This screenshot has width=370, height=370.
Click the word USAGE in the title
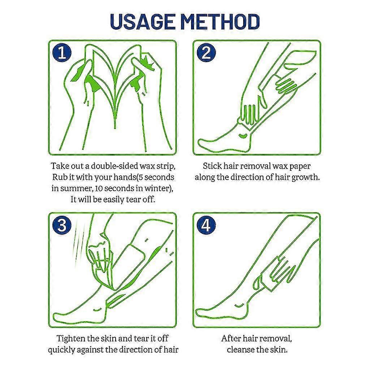[x=143, y=22]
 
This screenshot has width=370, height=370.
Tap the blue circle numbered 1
[x=62, y=53]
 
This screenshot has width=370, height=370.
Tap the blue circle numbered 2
[x=206, y=53]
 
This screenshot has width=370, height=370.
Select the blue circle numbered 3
[x=62, y=225]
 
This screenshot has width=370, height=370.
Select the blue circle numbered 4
[x=206, y=225]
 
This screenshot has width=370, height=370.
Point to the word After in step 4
[x=228, y=339]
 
